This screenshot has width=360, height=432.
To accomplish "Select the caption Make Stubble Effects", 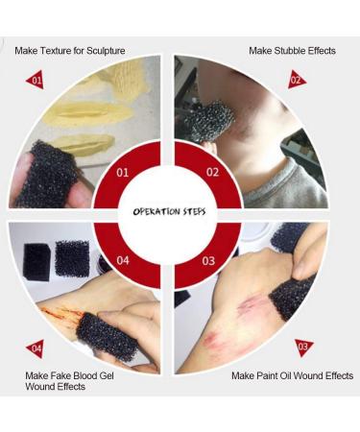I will [x=292, y=50].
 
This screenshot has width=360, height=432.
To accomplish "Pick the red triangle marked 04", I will [x=36, y=348].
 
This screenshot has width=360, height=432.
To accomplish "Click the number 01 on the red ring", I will [x=122, y=173].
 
